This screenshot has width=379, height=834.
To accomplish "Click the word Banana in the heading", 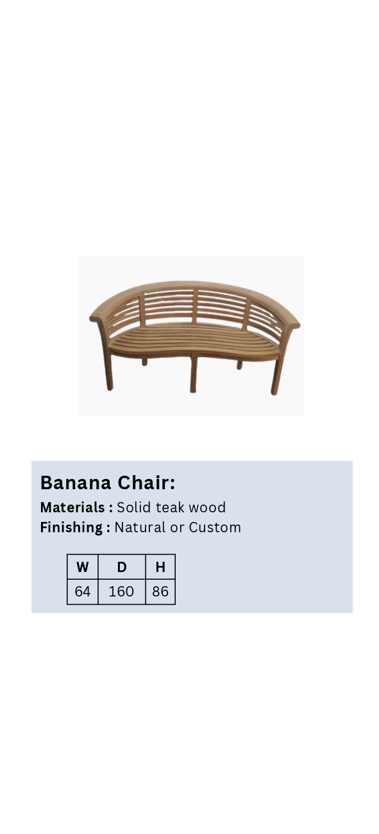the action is (x=76, y=483).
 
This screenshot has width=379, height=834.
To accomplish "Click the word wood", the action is (x=207, y=507).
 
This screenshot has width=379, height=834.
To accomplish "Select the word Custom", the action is (x=215, y=528).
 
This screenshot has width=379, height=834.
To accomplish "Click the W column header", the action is (x=82, y=567).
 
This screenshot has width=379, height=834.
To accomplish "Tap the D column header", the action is (x=122, y=567).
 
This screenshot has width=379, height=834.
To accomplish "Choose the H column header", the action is (x=160, y=567).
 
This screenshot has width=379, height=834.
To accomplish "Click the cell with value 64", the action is (x=82, y=591).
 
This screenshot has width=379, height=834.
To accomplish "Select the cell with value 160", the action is (x=122, y=591).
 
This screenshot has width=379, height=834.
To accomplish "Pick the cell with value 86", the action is (x=160, y=591).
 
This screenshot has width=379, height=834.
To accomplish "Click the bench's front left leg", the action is (x=108, y=372).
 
